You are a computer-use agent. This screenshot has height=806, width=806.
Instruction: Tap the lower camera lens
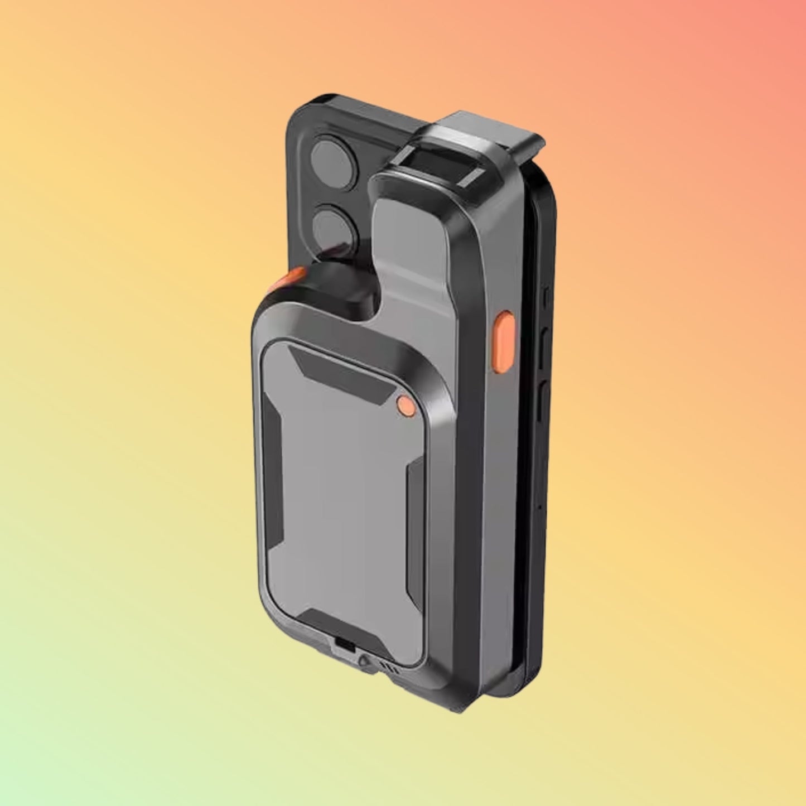tap(335, 228)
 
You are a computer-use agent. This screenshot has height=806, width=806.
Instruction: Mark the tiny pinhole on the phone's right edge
tap(540, 508)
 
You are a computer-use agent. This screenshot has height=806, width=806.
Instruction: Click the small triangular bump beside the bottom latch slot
tap(364, 660)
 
